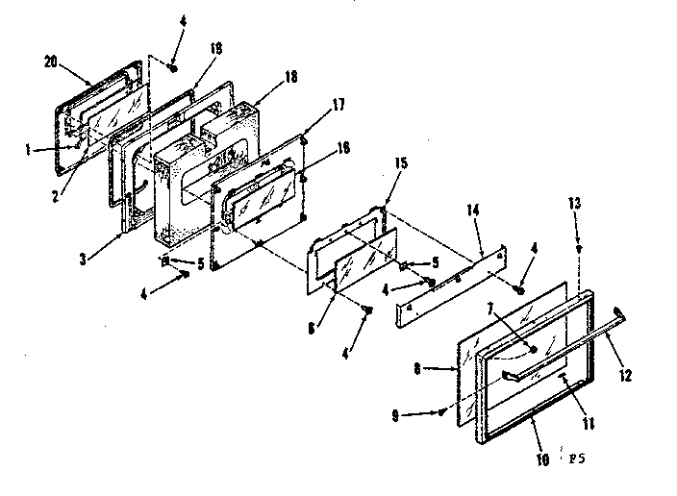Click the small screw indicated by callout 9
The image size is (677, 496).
pos(440,413)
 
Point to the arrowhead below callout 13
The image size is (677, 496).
pos(578,248)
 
